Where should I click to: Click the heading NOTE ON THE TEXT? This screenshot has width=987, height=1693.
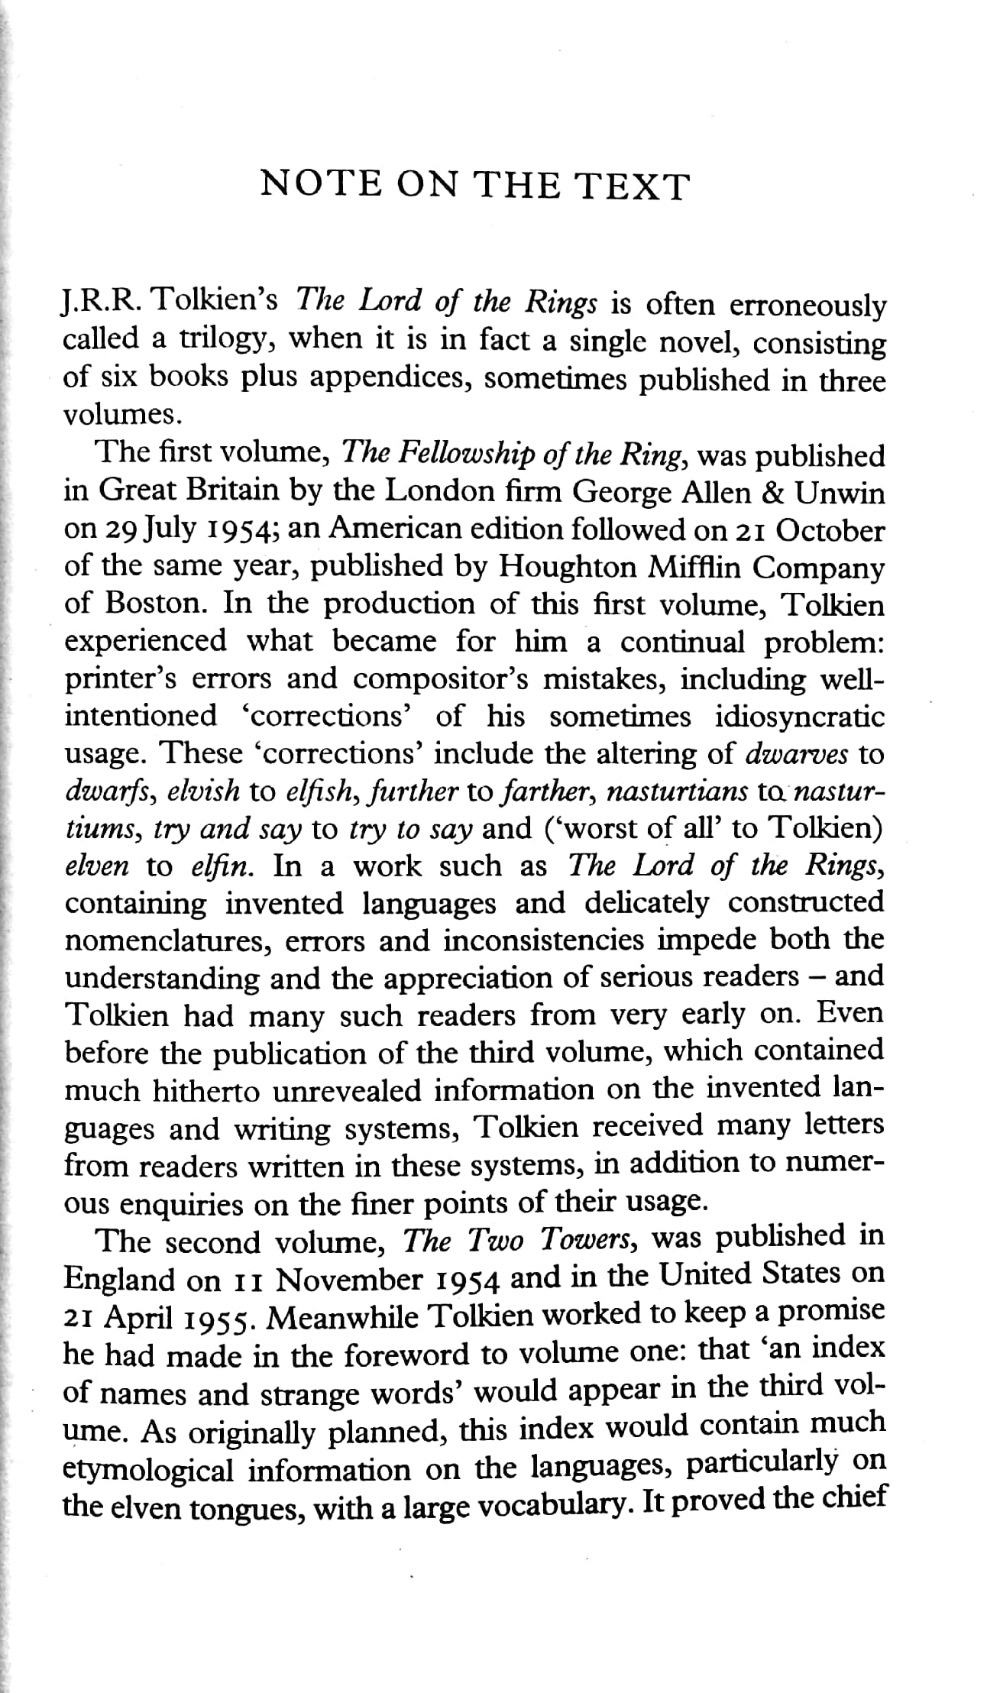point(474,186)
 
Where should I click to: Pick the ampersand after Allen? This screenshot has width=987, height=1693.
point(772,493)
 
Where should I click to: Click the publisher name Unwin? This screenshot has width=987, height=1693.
point(840,493)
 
